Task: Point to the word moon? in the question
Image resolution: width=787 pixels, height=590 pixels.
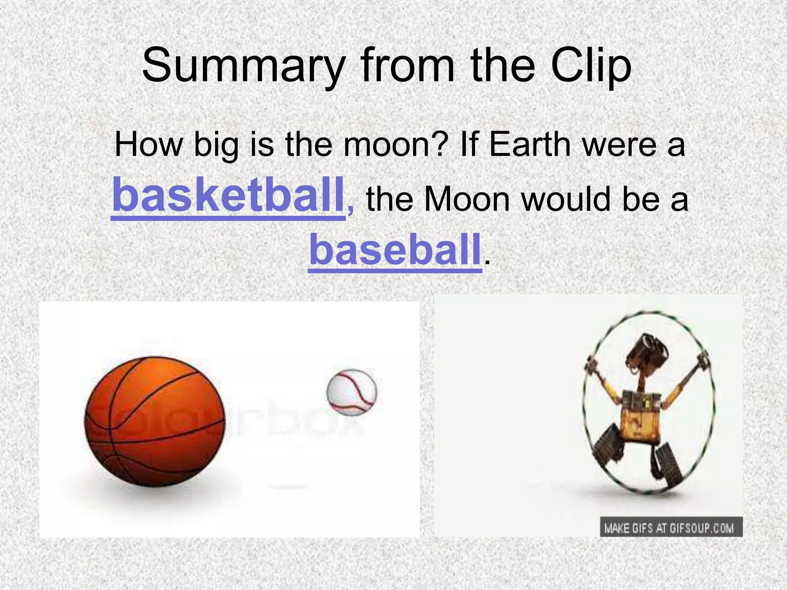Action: pyautogui.click(x=395, y=145)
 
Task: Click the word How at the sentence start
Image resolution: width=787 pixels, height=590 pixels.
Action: pyautogui.click(x=149, y=145)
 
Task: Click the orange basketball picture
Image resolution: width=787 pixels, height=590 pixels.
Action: pyautogui.click(x=154, y=422)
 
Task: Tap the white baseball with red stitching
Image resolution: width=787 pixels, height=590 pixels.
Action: pyautogui.click(x=351, y=392)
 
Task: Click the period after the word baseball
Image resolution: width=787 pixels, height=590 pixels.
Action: pyautogui.click(x=487, y=263)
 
